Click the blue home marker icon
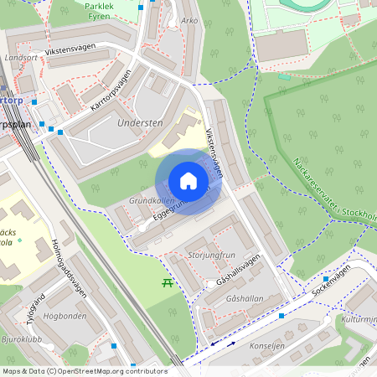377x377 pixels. pos(188,181)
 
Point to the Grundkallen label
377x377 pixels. pos(152,202)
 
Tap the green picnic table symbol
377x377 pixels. pos(167,283)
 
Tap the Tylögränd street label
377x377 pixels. pos(36,307)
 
